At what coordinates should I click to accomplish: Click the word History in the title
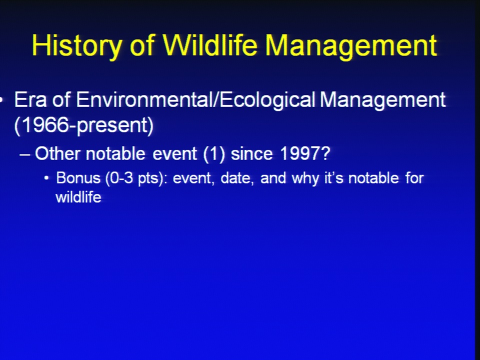click(77, 46)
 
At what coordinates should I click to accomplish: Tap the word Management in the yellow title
click(351, 46)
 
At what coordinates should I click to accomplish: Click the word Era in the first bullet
click(30, 100)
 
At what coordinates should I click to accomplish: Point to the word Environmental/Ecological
click(196, 100)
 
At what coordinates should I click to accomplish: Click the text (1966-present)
click(84, 125)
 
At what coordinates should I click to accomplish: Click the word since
click(251, 153)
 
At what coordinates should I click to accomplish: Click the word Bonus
click(78, 178)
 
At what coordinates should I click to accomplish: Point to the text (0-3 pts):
click(136, 178)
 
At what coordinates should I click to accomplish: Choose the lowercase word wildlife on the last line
click(78, 197)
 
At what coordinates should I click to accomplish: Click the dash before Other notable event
click(25, 154)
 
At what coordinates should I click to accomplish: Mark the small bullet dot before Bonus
click(46, 178)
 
